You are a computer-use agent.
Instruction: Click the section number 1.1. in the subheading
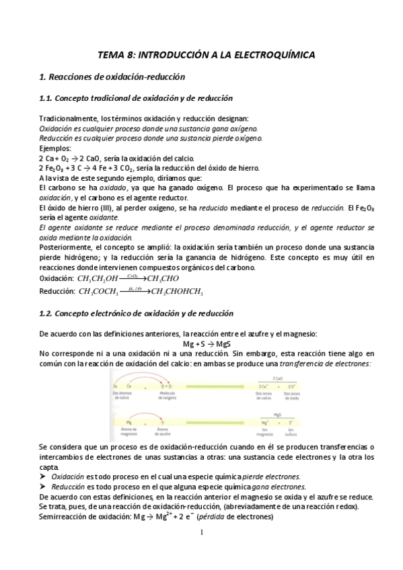point(50,99)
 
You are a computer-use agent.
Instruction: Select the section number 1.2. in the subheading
point(50,313)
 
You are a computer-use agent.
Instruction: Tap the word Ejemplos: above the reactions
point(54,148)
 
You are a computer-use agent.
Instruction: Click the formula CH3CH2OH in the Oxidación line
point(98,278)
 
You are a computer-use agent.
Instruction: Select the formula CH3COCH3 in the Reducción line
point(99,292)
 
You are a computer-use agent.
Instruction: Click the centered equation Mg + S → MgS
point(201,344)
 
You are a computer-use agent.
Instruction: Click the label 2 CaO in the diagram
point(277,379)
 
